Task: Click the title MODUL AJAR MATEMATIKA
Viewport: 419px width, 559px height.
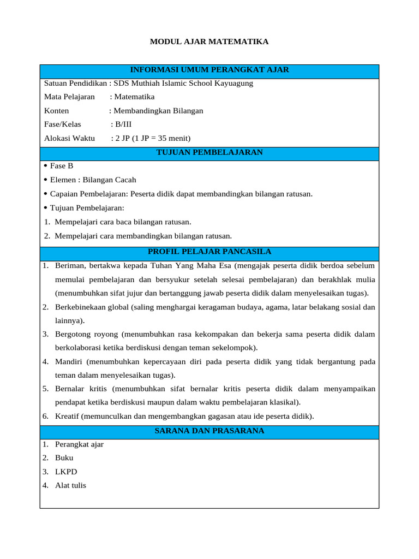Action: tap(209, 41)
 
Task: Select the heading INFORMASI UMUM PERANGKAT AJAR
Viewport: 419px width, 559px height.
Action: tap(209, 70)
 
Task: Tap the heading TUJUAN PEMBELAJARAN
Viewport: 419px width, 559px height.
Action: tap(209, 152)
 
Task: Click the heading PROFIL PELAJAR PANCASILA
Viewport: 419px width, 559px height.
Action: tap(209, 252)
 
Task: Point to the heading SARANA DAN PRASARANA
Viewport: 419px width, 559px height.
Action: tap(209, 431)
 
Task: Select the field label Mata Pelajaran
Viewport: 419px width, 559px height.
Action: tap(69, 97)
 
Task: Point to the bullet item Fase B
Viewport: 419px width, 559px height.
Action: tap(62, 166)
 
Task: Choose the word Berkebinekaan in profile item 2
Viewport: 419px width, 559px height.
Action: tap(80, 307)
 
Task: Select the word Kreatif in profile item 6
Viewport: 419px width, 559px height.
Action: tap(67, 417)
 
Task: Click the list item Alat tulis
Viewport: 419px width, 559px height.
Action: tap(70, 485)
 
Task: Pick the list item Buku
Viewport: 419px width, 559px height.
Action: tap(64, 458)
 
